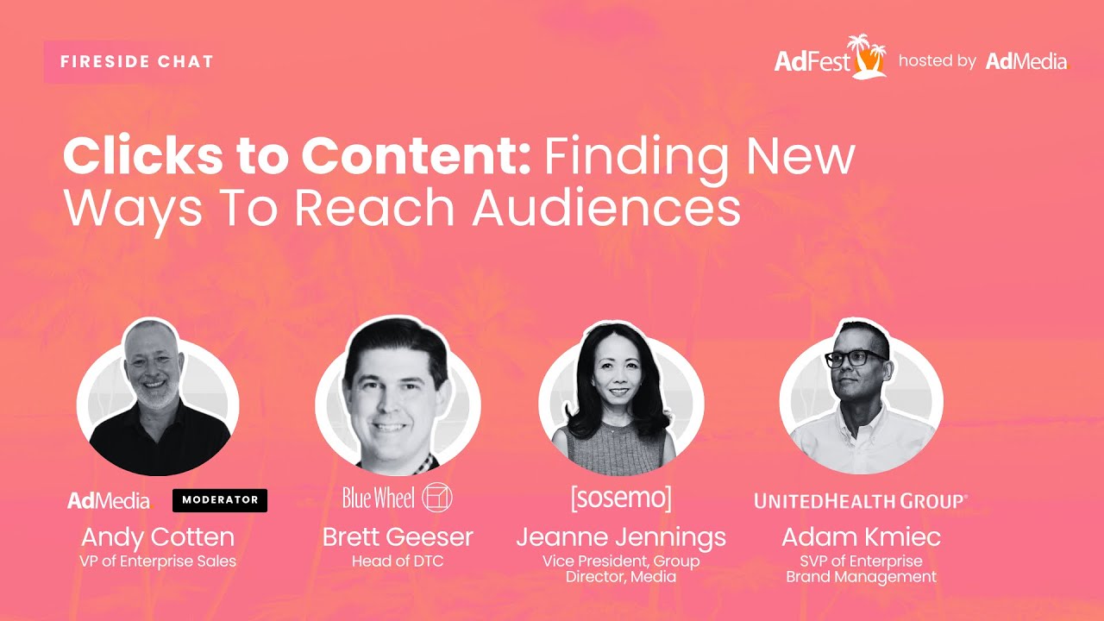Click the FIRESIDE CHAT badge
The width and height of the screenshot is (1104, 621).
pos(137,62)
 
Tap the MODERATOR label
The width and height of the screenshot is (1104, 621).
pos(220,500)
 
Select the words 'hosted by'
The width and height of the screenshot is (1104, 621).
pos(937,61)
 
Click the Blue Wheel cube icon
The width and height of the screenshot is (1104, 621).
pos(437,498)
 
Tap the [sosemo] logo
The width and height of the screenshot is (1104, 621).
pos(620,498)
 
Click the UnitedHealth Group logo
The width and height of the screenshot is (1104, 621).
pos(861,501)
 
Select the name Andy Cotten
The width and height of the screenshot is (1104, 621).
pos(158,537)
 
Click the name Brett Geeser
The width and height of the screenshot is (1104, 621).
pos(398,537)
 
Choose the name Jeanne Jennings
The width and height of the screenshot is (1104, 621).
pos(621,537)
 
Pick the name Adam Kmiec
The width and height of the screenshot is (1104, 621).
pos(861,537)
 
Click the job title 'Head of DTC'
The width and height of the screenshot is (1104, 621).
pos(398,561)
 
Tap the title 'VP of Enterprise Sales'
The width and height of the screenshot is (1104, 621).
pos(158,561)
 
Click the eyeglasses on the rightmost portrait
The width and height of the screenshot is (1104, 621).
pos(855,358)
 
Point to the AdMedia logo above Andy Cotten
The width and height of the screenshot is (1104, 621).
pos(109,500)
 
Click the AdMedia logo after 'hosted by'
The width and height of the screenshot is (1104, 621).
pos(1026,61)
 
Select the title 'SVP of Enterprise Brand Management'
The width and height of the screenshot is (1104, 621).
pos(861,569)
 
